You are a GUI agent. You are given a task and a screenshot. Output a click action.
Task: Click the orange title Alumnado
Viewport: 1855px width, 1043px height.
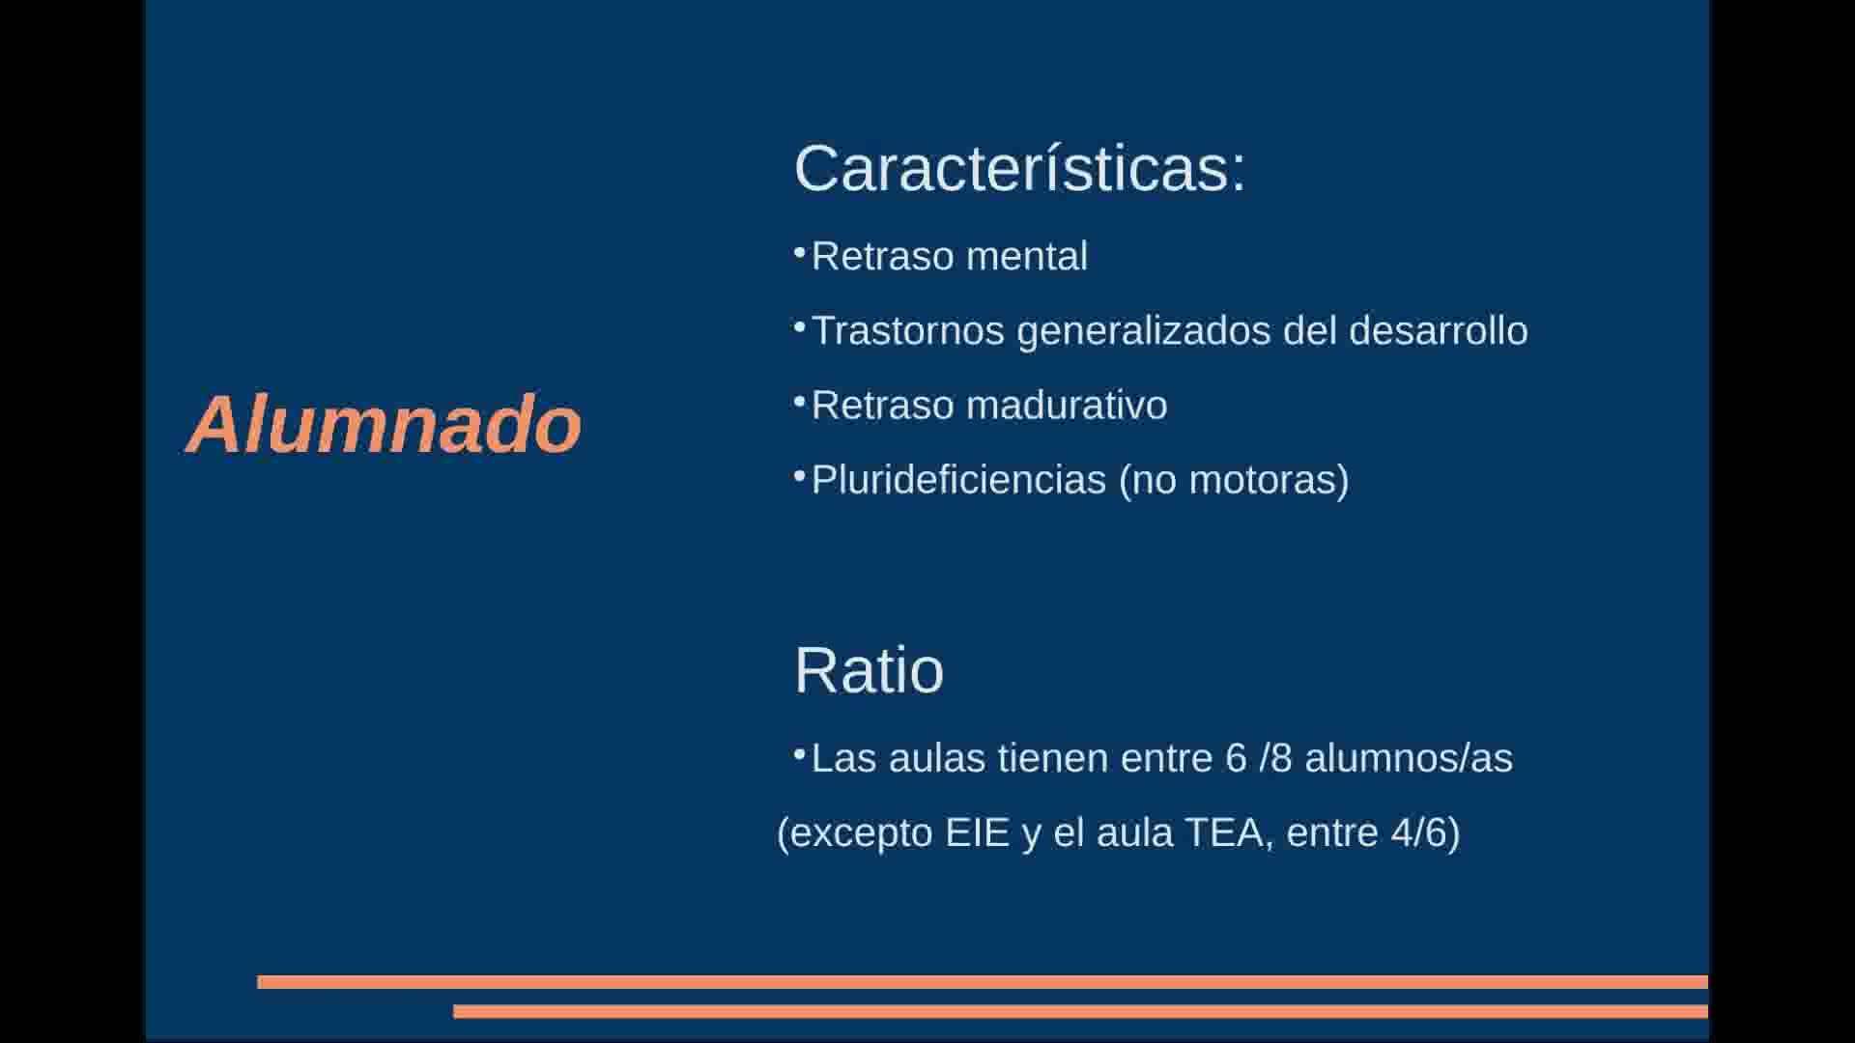coord(384,424)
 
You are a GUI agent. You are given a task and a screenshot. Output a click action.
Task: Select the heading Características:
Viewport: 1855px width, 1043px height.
coord(1020,168)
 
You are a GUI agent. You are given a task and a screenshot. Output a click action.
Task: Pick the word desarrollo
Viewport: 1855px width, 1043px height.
coord(1439,330)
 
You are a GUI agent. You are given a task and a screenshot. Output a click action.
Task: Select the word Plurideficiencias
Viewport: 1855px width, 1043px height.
coord(958,479)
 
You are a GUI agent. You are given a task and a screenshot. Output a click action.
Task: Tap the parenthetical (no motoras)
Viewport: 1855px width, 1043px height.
coord(1234,480)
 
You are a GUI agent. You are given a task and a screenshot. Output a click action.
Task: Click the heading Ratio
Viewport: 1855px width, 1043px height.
coord(869,670)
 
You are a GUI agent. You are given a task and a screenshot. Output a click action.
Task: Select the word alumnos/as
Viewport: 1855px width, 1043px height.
coord(1409,758)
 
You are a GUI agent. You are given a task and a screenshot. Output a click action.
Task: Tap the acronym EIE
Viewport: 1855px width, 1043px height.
coord(978,832)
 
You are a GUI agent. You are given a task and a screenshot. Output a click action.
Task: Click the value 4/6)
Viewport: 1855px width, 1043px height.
coord(1426,833)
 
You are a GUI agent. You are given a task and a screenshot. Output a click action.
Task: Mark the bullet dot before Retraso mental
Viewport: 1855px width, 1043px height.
coord(799,253)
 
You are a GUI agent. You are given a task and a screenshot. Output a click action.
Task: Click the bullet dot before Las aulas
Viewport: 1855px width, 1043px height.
coord(799,755)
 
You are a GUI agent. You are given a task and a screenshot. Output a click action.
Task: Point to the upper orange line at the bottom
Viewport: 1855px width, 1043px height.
coord(983,982)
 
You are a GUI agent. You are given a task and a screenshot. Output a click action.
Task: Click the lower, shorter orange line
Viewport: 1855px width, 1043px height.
coord(1080,1011)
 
